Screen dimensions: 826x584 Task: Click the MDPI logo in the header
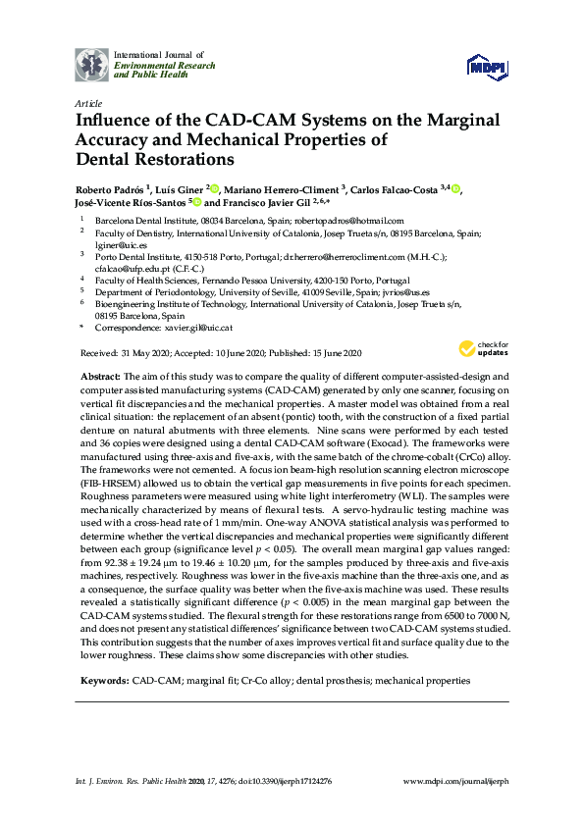click(x=488, y=66)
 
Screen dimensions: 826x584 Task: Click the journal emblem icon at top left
click(x=92, y=64)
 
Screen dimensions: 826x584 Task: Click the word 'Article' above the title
click(x=87, y=102)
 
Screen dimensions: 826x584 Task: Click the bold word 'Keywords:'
click(x=103, y=680)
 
